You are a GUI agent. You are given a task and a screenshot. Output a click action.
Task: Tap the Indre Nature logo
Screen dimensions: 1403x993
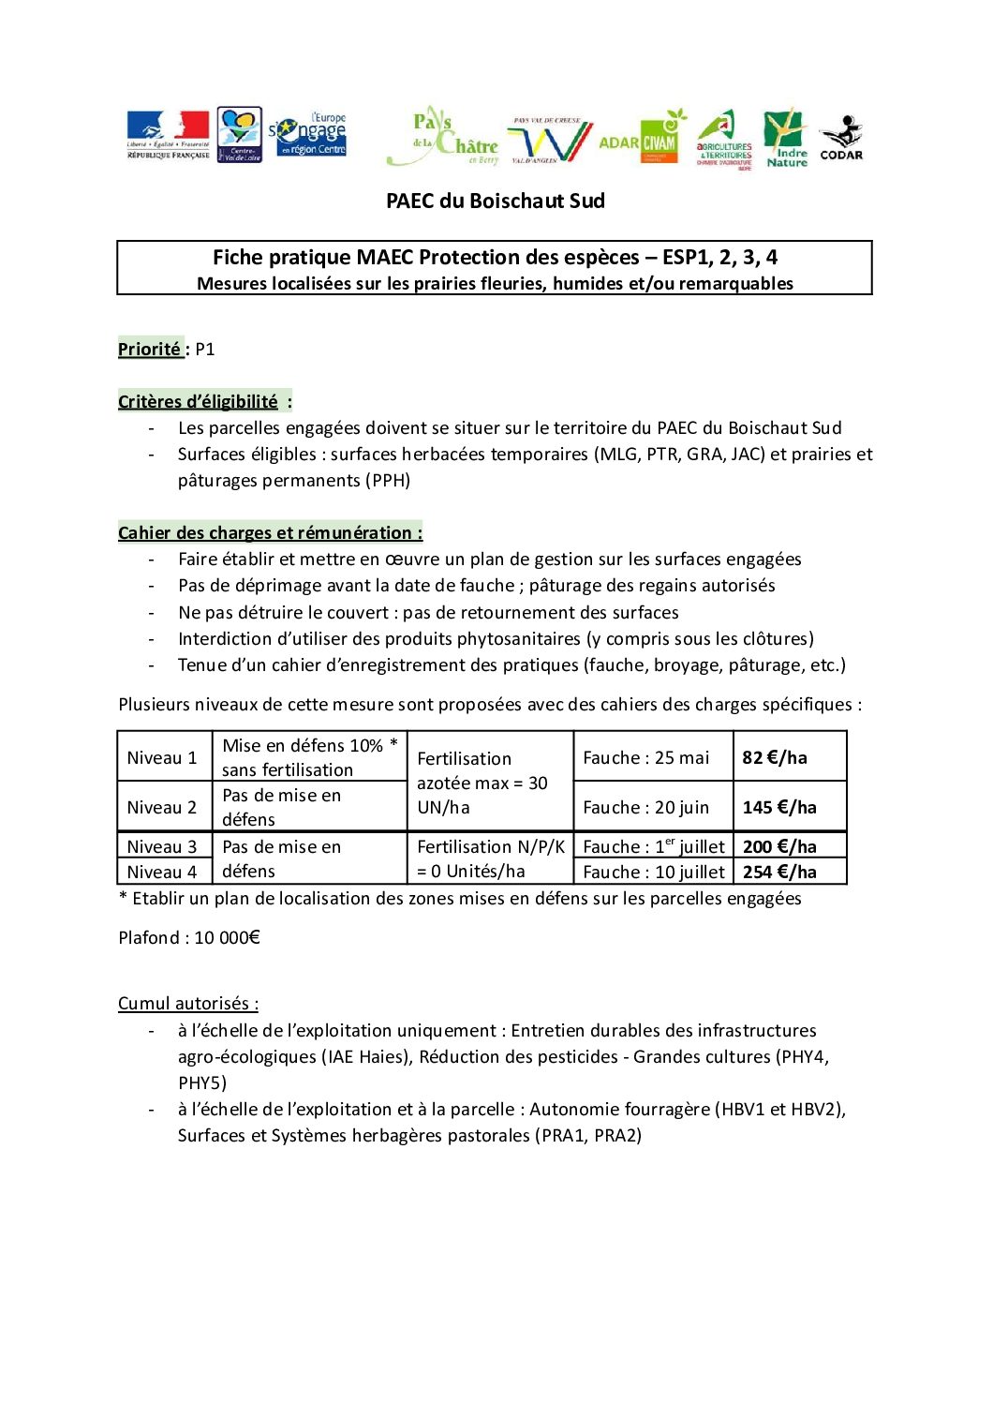(x=786, y=138)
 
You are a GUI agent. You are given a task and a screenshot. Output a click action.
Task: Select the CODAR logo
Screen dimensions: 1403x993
(x=841, y=138)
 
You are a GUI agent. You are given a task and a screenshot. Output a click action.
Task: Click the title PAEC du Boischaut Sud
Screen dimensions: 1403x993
(x=496, y=201)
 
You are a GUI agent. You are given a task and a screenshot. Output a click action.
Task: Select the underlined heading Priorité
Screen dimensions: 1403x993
(x=150, y=349)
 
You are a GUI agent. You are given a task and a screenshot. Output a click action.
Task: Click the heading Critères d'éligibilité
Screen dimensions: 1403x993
(x=199, y=401)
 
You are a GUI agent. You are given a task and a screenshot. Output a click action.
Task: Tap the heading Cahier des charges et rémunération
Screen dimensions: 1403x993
(x=270, y=532)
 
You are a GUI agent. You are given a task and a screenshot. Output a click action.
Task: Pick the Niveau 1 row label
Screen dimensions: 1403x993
(x=162, y=757)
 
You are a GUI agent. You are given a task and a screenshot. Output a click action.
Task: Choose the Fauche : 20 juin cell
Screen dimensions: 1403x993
(x=646, y=807)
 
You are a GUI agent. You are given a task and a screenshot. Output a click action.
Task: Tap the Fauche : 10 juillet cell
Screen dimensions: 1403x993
(x=654, y=872)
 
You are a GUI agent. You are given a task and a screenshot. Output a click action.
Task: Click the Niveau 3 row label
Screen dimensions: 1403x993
(x=162, y=846)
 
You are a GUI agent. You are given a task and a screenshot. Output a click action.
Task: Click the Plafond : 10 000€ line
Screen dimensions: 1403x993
(x=189, y=937)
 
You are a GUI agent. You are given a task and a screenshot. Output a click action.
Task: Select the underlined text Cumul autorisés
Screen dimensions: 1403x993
(x=187, y=1003)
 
